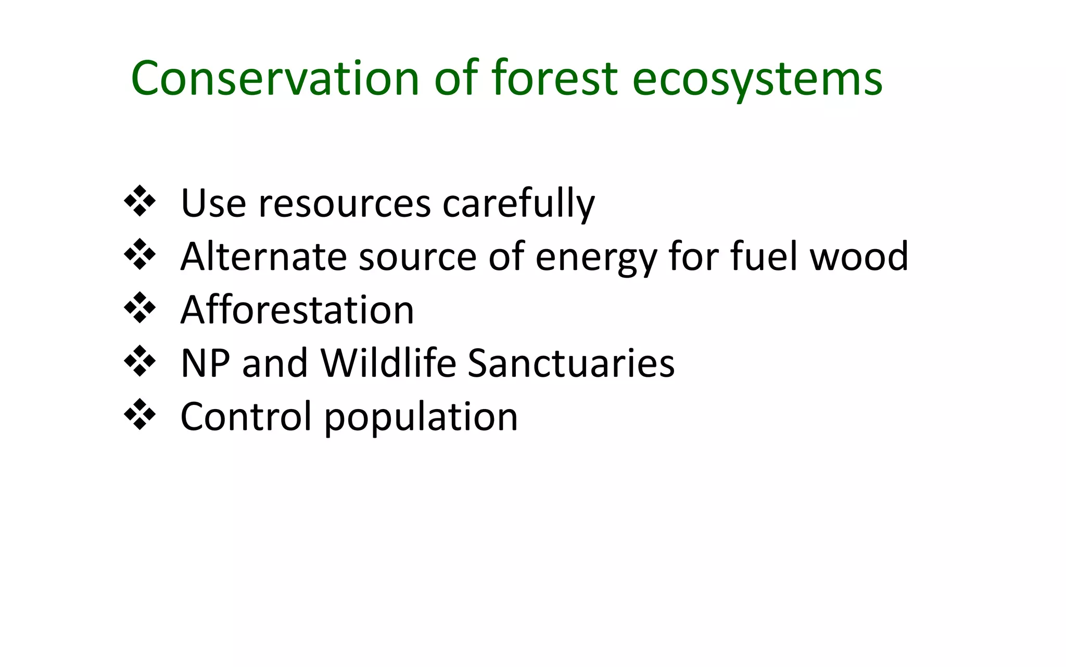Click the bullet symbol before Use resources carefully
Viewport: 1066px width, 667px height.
(x=139, y=201)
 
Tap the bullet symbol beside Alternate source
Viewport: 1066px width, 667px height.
(x=139, y=255)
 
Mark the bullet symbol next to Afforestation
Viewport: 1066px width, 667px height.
(x=139, y=308)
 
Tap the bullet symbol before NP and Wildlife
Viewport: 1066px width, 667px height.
(x=139, y=361)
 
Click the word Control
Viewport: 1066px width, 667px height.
(x=246, y=416)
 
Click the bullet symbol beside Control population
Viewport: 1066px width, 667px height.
(x=139, y=415)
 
